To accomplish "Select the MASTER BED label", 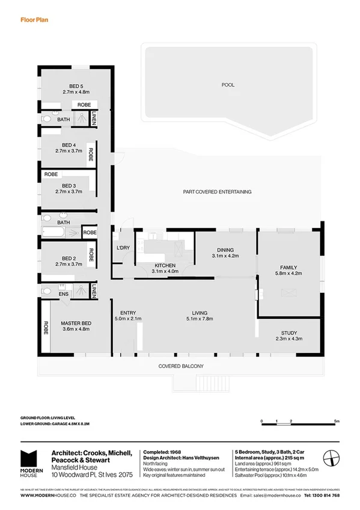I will tap(75, 324).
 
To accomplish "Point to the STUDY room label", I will tap(289, 333).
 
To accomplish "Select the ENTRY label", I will tap(128, 313).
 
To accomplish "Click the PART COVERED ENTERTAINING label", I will tap(217, 192).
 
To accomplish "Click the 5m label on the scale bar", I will tap(337, 422).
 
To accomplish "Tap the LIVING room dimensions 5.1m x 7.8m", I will tap(200, 319).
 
